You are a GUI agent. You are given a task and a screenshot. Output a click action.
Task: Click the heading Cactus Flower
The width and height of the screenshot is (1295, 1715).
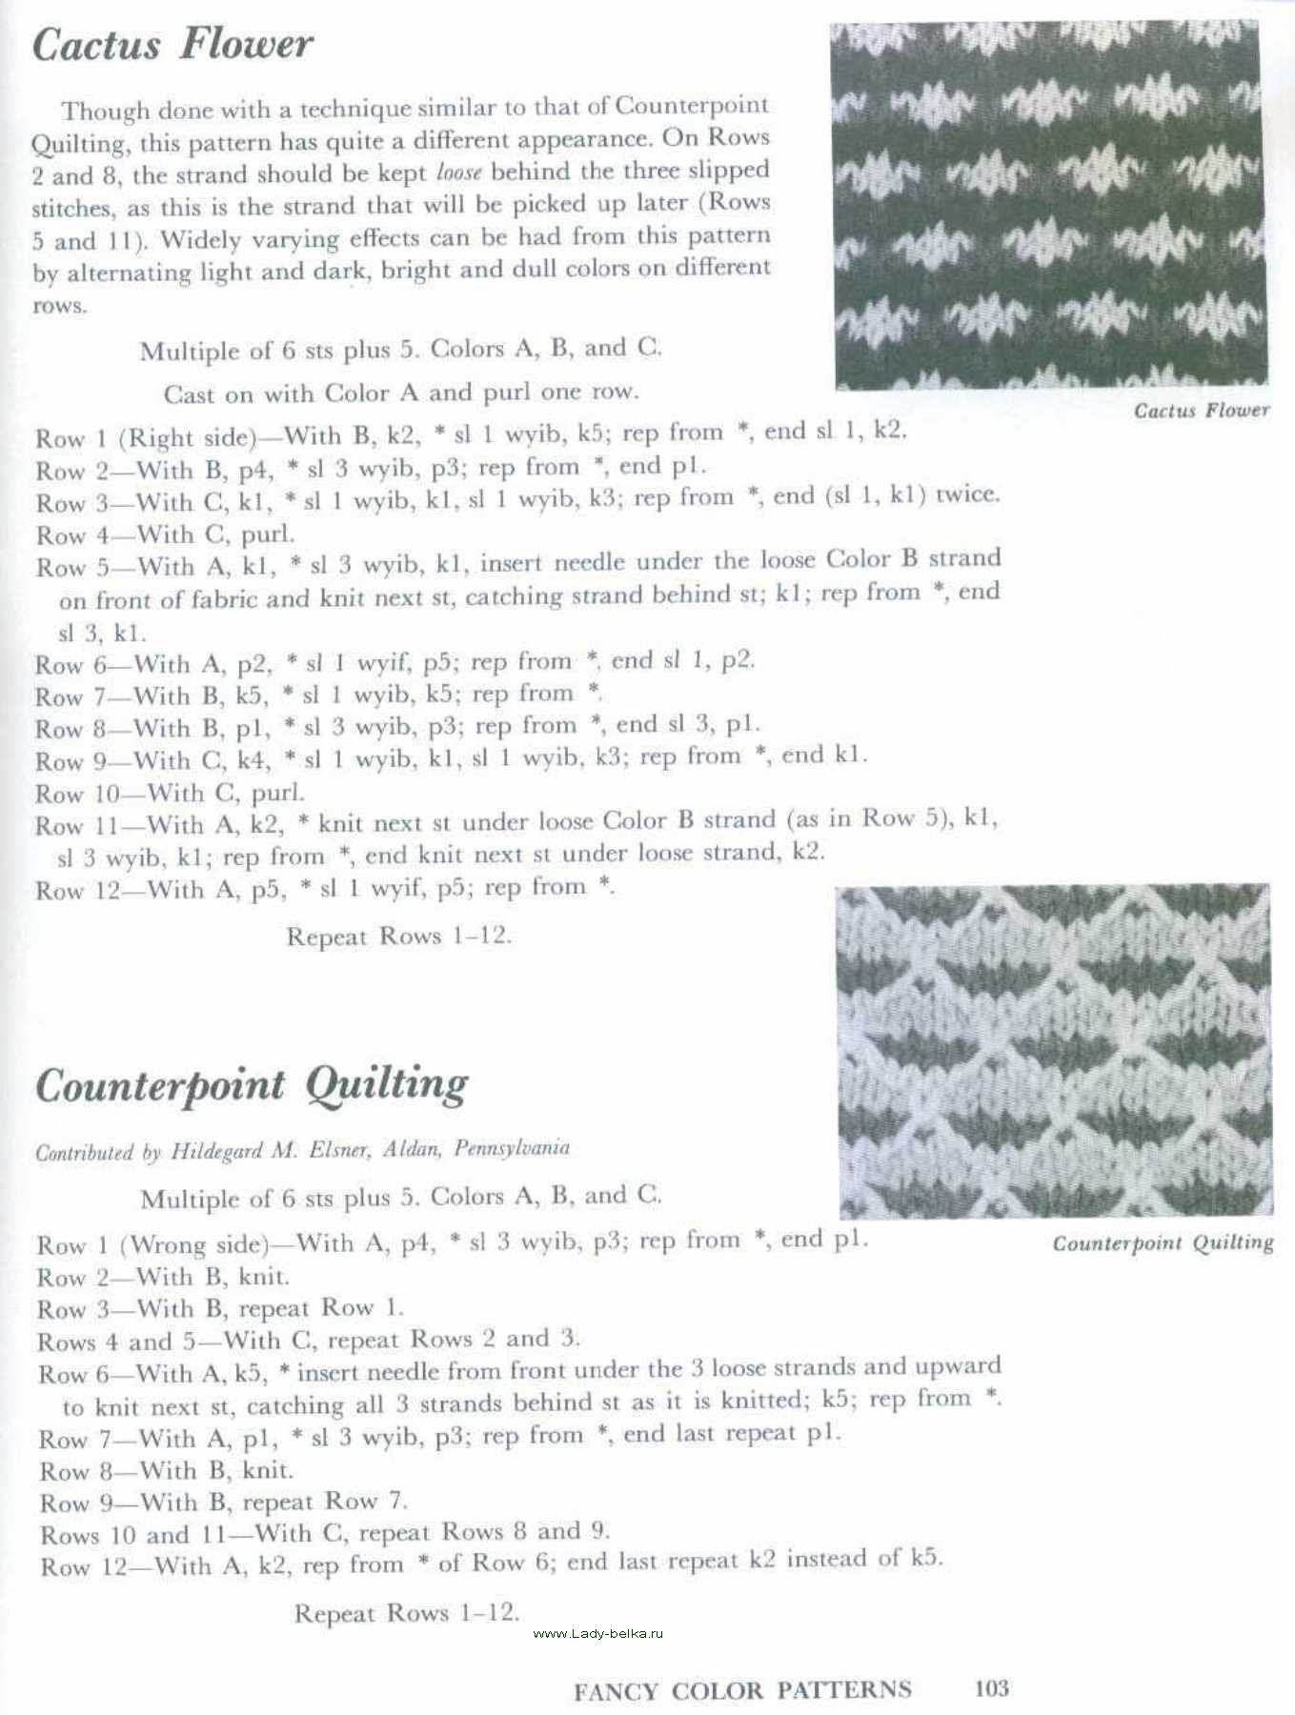172,45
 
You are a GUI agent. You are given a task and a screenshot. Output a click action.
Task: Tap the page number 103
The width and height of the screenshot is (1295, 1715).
991,1688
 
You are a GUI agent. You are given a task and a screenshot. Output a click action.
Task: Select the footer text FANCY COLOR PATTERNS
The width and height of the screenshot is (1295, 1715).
742,1690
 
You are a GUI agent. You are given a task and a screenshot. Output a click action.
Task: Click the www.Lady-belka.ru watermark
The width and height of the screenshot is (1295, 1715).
597,1633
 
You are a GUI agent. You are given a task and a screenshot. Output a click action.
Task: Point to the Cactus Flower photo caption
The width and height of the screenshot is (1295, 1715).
1201,411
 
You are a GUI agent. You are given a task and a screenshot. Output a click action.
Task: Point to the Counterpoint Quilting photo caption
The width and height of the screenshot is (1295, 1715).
1163,1242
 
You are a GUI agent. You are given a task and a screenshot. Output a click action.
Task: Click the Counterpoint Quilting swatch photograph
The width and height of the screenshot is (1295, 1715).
1054,1052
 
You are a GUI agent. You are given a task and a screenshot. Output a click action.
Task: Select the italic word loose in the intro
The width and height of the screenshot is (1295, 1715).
458,173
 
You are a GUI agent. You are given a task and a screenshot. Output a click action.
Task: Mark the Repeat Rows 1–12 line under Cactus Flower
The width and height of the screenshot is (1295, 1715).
398,936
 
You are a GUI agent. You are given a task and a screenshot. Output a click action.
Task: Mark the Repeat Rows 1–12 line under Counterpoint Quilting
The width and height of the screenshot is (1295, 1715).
406,1613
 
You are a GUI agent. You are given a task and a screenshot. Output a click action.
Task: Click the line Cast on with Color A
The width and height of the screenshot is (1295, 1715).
400,393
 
